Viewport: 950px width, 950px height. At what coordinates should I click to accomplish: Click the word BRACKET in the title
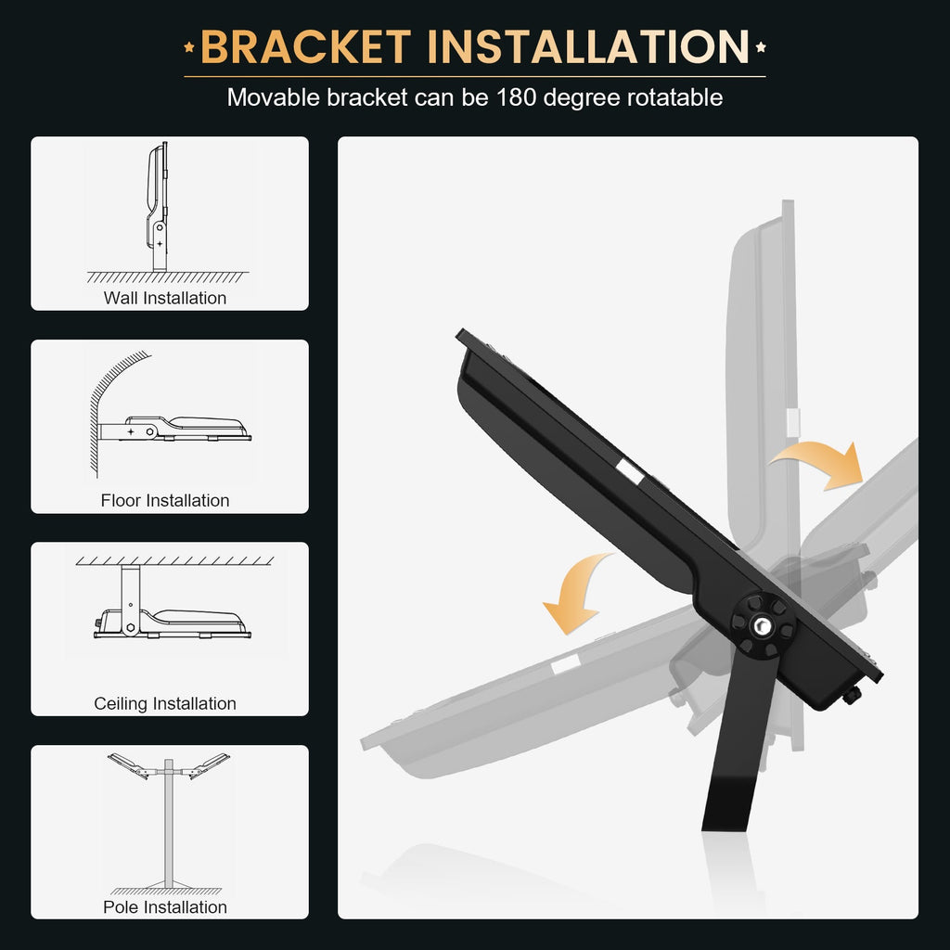305,48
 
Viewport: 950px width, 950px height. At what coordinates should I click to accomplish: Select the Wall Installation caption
165,298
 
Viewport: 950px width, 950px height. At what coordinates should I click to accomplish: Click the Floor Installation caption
165,501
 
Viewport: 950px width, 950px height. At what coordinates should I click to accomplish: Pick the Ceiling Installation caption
165,703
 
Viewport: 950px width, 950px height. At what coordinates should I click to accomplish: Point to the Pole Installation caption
165,907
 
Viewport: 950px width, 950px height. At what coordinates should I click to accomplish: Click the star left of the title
189,47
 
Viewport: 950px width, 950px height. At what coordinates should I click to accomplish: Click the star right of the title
761,47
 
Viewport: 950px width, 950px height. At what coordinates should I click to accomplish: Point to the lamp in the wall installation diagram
157,186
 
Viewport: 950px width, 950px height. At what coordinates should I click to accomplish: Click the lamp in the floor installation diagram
199,427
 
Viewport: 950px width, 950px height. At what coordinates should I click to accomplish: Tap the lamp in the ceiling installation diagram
195,621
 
